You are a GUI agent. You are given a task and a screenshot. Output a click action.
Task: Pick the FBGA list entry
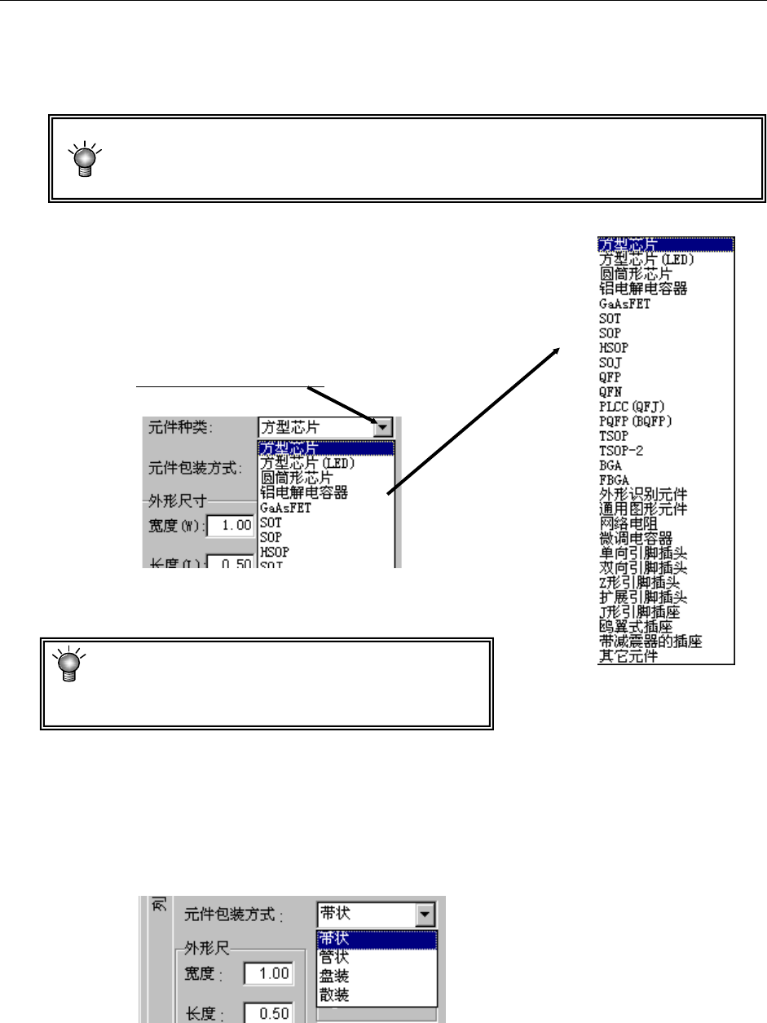(612, 479)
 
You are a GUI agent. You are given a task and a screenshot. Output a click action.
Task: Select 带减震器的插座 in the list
(650, 641)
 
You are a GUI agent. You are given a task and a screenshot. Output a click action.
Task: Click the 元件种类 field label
(175, 426)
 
